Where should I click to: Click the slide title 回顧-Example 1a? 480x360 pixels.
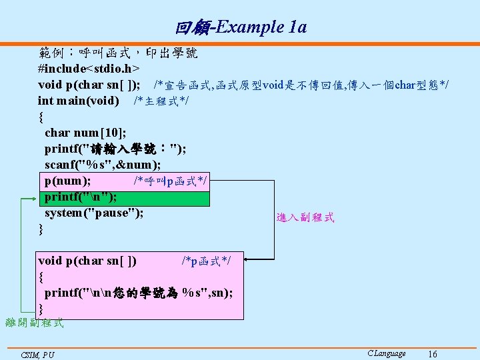(x=241, y=27)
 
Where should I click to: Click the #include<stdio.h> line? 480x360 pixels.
(x=89, y=69)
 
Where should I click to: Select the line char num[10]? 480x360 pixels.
(x=85, y=133)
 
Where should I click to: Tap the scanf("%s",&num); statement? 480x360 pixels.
(x=107, y=165)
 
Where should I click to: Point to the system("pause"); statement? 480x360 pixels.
(x=93, y=213)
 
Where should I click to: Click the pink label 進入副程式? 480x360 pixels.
(x=305, y=217)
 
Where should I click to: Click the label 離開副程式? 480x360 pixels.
(x=34, y=323)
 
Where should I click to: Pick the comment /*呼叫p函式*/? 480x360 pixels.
(x=170, y=181)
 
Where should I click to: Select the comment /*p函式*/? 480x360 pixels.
(x=206, y=261)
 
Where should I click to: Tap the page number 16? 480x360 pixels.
(x=433, y=353)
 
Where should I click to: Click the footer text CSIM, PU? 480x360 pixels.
(x=37, y=355)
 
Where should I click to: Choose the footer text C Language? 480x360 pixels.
(x=386, y=353)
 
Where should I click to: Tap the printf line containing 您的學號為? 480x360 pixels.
(x=138, y=293)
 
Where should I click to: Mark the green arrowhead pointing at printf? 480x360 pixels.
(x=36, y=198)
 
